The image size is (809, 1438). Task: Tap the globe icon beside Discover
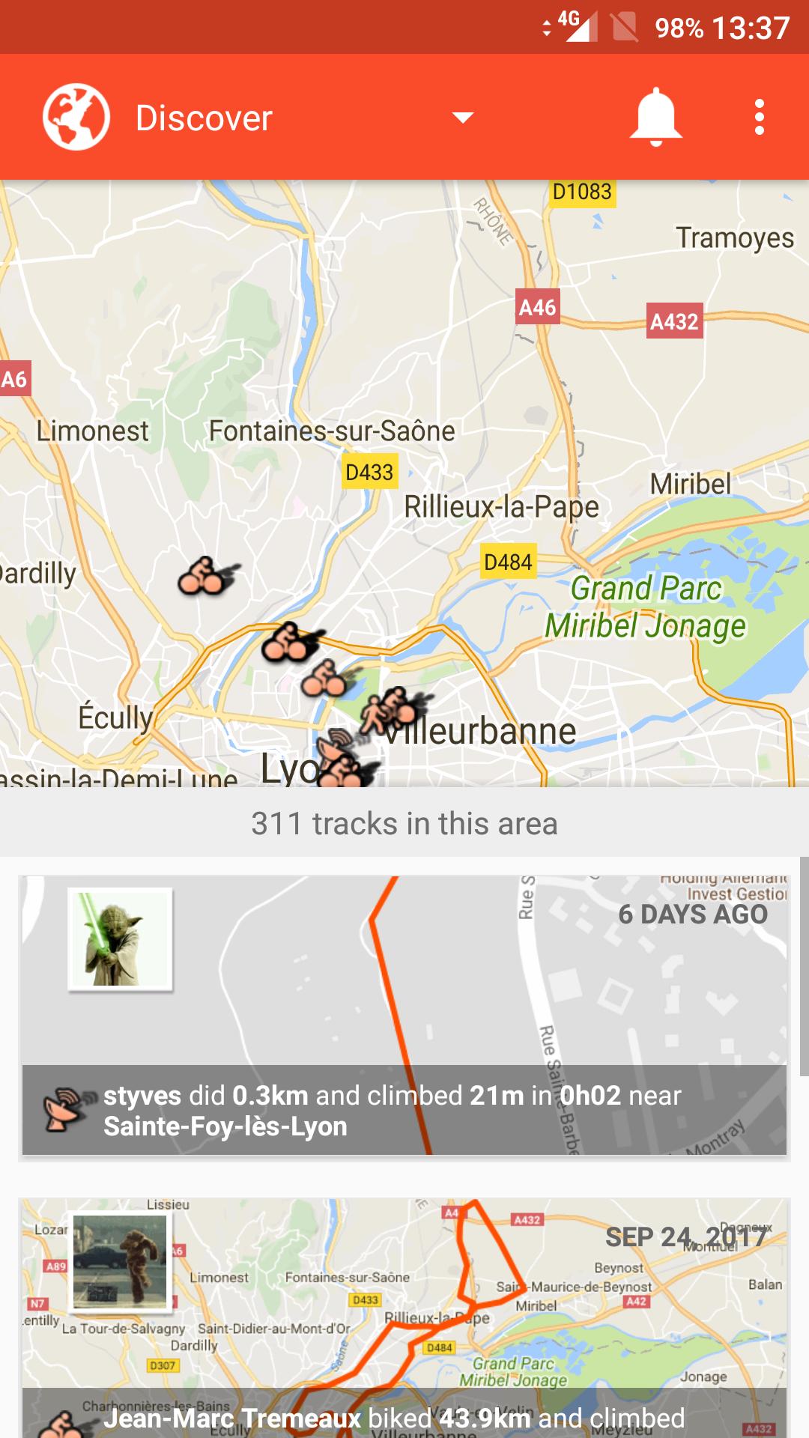click(x=76, y=118)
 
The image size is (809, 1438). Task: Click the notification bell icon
click(x=655, y=117)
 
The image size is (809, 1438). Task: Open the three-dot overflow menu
click(x=760, y=118)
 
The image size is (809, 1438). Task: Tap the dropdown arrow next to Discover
click(x=463, y=118)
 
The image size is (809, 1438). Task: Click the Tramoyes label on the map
click(x=734, y=238)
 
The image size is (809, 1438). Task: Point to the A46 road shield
click(x=537, y=307)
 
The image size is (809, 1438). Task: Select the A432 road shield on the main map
click(x=674, y=321)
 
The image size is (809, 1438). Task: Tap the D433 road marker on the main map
click(x=369, y=472)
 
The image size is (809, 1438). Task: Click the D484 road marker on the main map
click(x=508, y=562)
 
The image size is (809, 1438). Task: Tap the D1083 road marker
click(x=582, y=192)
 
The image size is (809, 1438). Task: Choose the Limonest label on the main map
click(x=93, y=431)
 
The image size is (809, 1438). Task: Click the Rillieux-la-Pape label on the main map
click(x=501, y=507)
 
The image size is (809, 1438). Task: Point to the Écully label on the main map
click(x=116, y=718)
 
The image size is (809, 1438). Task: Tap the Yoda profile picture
click(x=120, y=939)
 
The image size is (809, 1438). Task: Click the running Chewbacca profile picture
click(x=120, y=1262)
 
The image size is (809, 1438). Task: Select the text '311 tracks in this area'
click(x=404, y=824)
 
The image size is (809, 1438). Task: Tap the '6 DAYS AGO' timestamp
click(x=693, y=914)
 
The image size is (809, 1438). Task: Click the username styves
click(x=142, y=1096)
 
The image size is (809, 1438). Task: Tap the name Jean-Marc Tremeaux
click(x=232, y=1418)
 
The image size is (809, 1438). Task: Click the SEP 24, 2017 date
click(x=685, y=1237)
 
